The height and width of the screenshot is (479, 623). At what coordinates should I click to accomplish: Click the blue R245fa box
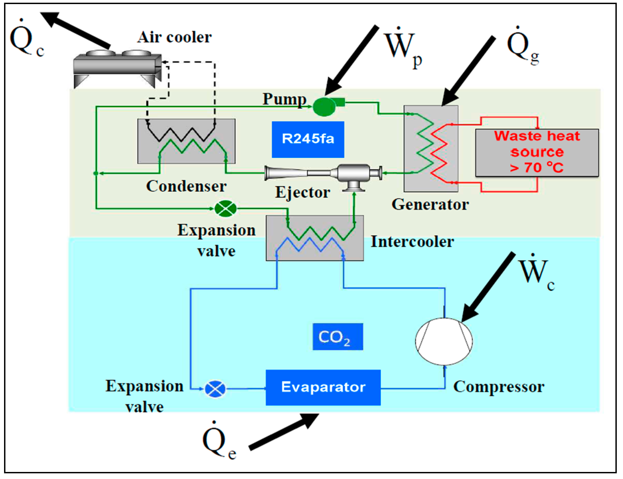coord(308,140)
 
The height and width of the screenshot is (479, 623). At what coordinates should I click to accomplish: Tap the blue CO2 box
coord(337,336)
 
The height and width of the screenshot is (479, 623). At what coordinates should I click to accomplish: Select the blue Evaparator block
coord(323,387)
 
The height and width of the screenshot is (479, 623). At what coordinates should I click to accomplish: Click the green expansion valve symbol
coord(225,208)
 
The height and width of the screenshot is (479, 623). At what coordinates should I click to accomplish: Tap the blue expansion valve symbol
coord(215,389)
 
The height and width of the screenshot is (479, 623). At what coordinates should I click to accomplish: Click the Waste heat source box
coord(537,152)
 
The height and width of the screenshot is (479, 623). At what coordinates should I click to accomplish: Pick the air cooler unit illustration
coord(117,69)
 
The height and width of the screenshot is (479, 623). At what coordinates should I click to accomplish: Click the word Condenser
coord(186,186)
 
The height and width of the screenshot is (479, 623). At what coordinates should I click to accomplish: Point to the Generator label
coord(430,205)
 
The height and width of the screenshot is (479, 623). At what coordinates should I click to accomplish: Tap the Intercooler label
coord(412,242)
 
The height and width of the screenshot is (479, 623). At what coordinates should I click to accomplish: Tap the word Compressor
coord(498,387)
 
